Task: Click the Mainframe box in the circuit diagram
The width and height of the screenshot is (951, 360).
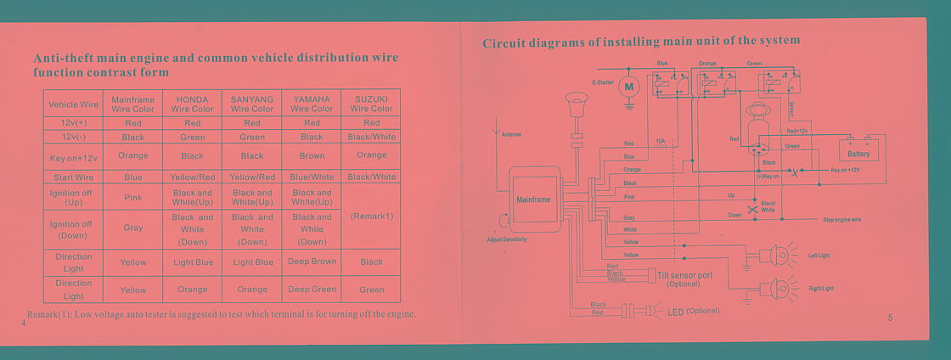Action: pos(534,200)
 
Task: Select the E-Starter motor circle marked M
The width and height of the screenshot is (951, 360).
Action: pos(629,87)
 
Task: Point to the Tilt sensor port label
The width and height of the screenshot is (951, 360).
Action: pos(684,276)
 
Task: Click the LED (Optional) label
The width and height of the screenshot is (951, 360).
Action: pos(693,312)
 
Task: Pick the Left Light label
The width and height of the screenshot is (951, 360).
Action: pos(819,255)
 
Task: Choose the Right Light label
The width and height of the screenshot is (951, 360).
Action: pos(821,289)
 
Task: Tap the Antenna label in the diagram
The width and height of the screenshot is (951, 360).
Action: pos(511,134)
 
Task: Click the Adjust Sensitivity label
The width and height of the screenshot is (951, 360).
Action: pos(507,239)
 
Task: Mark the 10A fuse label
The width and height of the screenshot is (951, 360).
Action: pos(661,141)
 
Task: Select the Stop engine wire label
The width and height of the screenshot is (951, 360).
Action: pos(842,220)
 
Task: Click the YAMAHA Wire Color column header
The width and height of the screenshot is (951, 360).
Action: pos(312,104)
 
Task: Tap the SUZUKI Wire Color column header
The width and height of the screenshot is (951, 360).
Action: pos(371,104)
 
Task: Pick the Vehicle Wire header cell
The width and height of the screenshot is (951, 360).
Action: pos(74,104)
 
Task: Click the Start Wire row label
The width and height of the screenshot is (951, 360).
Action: pos(74,177)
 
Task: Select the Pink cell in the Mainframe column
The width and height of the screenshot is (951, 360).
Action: pos(133,197)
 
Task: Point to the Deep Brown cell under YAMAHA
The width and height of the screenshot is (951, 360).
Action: pos(312,262)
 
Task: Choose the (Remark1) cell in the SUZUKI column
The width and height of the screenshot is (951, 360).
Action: pos(371,217)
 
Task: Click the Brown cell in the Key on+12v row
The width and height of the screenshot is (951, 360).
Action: pos(312,156)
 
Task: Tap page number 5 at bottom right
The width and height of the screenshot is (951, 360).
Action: pos(891,318)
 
